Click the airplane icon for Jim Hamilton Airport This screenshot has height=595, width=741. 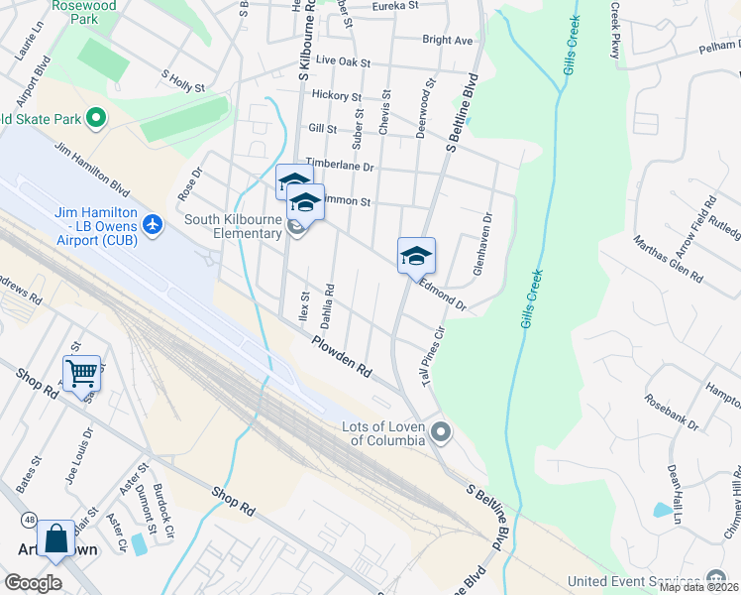[153, 224]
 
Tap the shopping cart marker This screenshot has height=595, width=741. [81, 374]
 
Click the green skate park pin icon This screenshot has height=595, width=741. [96, 120]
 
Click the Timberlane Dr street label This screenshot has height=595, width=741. [340, 166]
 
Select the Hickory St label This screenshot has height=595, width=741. [336, 96]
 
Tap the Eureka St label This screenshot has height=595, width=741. [394, 6]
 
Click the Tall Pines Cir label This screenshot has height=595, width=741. [434, 355]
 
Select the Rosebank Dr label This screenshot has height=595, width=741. [672, 413]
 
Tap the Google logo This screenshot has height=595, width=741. [33, 583]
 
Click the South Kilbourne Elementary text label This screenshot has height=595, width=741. [220, 226]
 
